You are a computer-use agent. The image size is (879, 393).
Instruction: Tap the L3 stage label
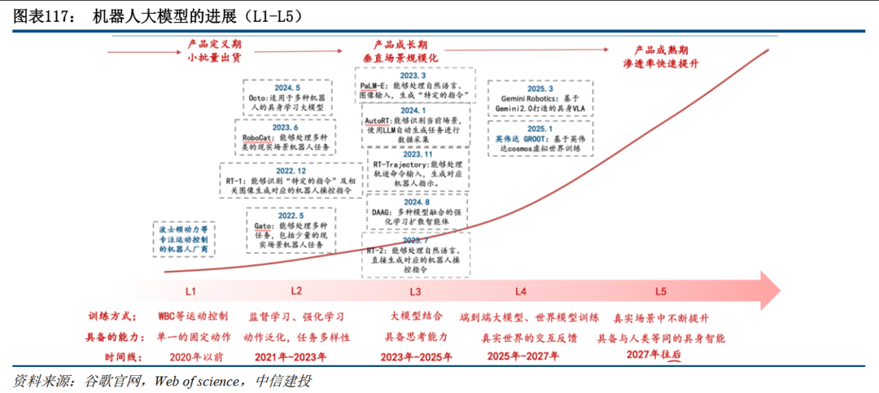(415, 291)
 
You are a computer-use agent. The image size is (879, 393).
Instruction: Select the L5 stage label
(661, 291)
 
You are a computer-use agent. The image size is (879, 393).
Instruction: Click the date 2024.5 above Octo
(287, 88)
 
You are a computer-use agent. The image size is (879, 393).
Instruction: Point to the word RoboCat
(257, 138)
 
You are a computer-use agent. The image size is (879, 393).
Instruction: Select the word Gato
(263, 225)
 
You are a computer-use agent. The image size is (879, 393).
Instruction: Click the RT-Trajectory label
(400, 164)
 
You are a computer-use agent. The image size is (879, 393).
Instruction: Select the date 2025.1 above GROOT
(540, 129)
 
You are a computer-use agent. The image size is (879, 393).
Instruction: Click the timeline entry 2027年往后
(654, 356)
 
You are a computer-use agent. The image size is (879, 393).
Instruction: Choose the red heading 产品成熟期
(663, 50)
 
